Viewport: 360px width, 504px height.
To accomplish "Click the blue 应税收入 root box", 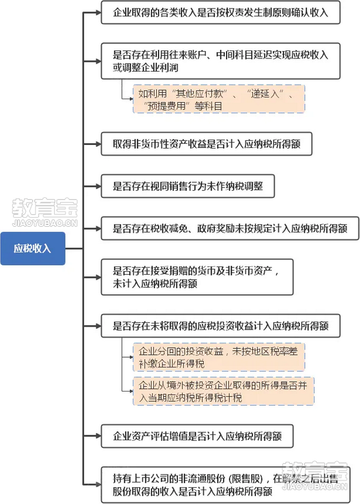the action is (x=33, y=248).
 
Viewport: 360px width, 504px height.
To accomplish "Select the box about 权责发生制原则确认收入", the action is (x=221, y=13).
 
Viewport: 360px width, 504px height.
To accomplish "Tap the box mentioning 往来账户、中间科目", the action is (x=221, y=61).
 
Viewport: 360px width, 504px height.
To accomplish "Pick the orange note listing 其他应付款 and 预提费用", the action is (x=219, y=99).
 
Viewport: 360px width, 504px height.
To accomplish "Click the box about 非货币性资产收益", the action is (x=207, y=144).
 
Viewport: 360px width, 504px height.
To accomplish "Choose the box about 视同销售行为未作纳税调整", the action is (x=188, y=186).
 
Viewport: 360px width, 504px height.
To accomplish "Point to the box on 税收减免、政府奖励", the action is (x=230, y=229).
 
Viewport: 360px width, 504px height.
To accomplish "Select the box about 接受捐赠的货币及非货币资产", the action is (x=197, y=277).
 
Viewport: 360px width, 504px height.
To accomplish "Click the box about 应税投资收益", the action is (x=221, y=326).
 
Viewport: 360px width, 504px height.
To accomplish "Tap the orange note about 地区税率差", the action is (x=219, y=357).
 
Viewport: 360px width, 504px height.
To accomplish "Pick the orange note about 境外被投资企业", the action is (x=224, y=391).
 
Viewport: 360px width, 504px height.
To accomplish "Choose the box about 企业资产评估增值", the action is (x=197, y=436).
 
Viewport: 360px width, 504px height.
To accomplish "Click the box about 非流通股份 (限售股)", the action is (x=225, y=485).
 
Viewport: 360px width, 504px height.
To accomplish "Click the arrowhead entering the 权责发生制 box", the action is (x=98, y=13).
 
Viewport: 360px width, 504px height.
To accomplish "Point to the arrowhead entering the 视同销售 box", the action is (x=98, y=186).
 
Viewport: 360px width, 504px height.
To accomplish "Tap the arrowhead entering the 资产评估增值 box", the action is (x=98, y=436).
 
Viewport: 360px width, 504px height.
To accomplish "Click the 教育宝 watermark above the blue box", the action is (x=44, y=212).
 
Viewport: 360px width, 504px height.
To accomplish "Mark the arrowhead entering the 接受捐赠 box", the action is (x=98, y=277).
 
